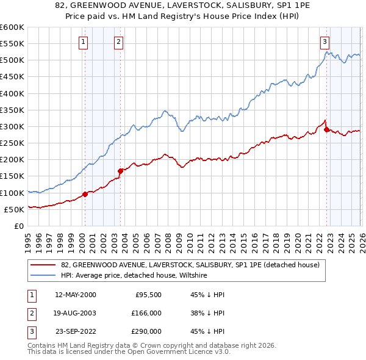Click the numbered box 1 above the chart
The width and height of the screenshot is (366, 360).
click(82, 42)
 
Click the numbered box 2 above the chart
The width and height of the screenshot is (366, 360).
click(118, 42)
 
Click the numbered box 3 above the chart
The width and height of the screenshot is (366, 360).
click(325, 42)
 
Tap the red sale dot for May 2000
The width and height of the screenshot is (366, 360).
click(85, 194)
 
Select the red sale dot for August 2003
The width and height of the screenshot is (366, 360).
click(120, 171)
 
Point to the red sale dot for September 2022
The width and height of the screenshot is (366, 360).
click(326, 129)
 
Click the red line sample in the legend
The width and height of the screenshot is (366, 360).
click(43, 265)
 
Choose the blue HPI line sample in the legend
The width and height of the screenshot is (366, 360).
click(43, 275)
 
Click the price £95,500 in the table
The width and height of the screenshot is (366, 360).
click(148, 295)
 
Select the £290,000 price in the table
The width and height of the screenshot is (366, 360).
click(146, 331)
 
